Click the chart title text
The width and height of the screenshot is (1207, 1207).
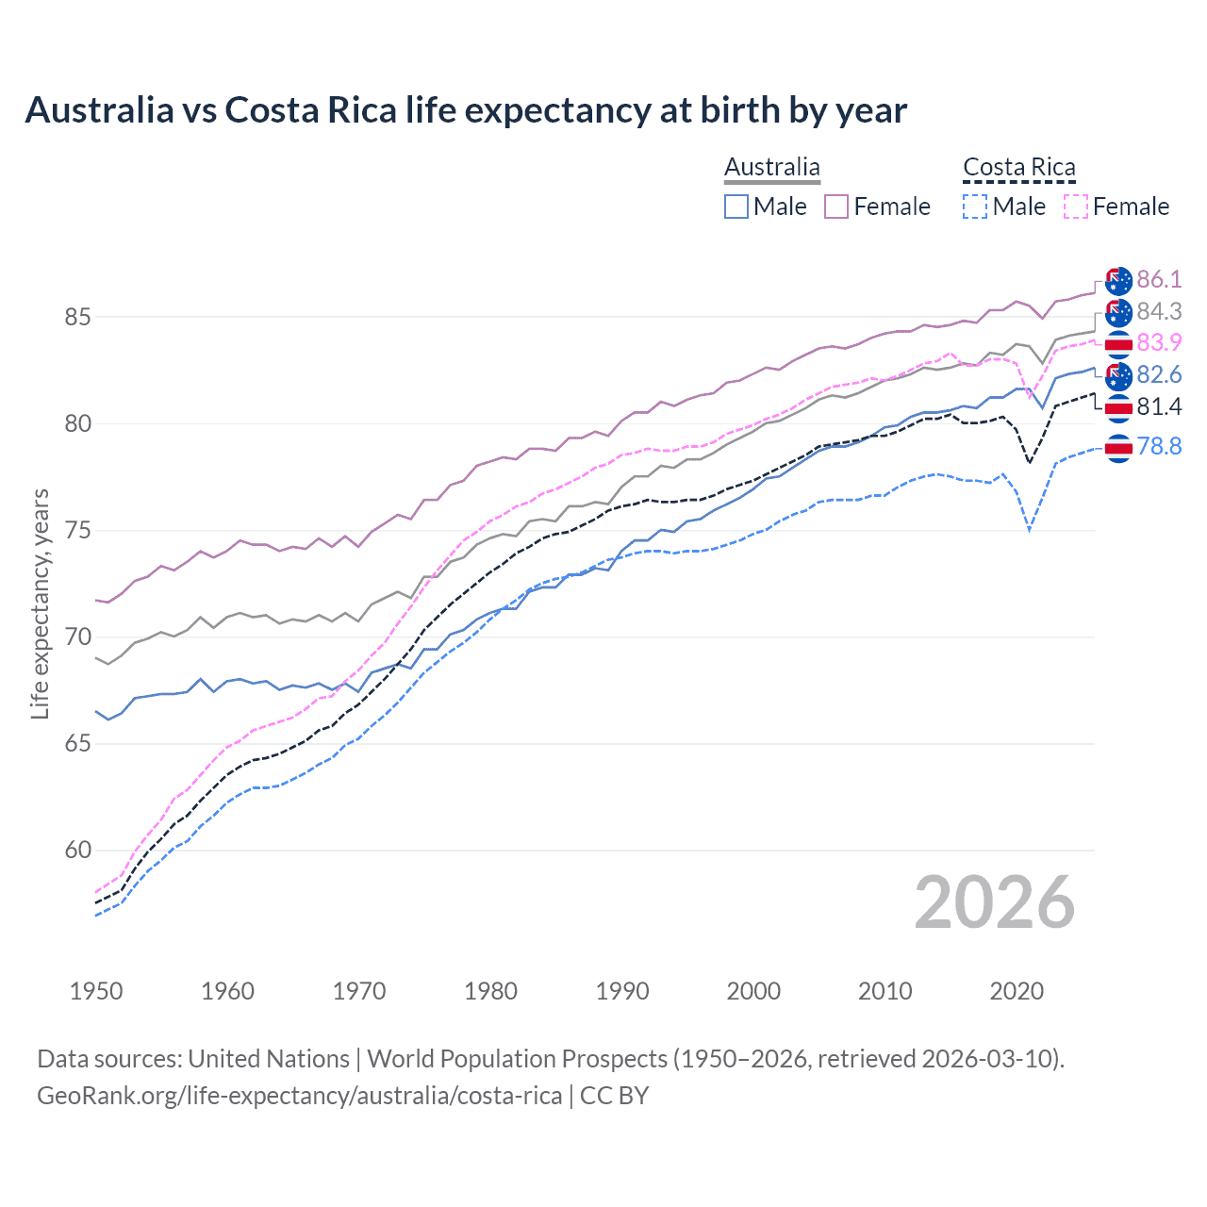click(466, 110)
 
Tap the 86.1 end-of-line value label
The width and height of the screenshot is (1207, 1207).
click(1159, 279)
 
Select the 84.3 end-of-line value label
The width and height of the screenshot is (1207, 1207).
click(1159, 311)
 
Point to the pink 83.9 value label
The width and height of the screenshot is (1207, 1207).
click(1159, 342)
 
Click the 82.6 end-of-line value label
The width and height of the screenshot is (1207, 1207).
click(1159, 374)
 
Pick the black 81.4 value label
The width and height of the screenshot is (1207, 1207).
click(1159, 406)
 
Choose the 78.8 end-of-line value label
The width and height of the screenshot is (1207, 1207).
click(1159, 446)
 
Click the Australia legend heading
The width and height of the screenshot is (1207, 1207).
click(772, 168)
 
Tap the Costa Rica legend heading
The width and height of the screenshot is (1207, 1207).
click(1018, 168)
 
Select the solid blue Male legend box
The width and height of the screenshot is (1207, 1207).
click(736, 207)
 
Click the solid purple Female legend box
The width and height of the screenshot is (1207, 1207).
click(836, 207)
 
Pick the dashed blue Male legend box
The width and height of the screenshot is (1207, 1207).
click(975, 207)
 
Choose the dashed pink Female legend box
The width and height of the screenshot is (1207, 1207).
click(1076, 207)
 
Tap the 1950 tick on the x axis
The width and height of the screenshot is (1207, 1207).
click(96, 991)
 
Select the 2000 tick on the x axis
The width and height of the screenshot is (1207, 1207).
click(753, 991)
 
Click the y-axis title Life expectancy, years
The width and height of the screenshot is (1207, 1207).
click(40, 603)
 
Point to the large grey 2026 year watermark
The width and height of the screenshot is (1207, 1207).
click(995, 902)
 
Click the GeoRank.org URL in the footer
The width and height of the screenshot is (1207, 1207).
click(299, 1096)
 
